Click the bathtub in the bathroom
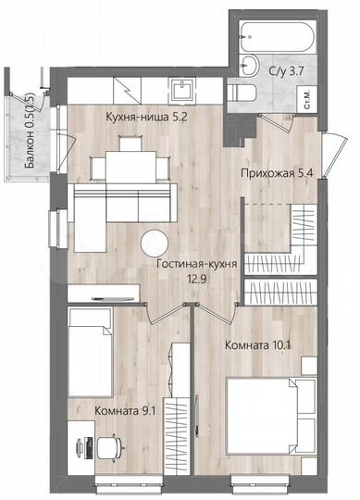[277, 39]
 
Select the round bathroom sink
[249, 65]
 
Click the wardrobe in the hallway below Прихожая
[299, 227]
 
